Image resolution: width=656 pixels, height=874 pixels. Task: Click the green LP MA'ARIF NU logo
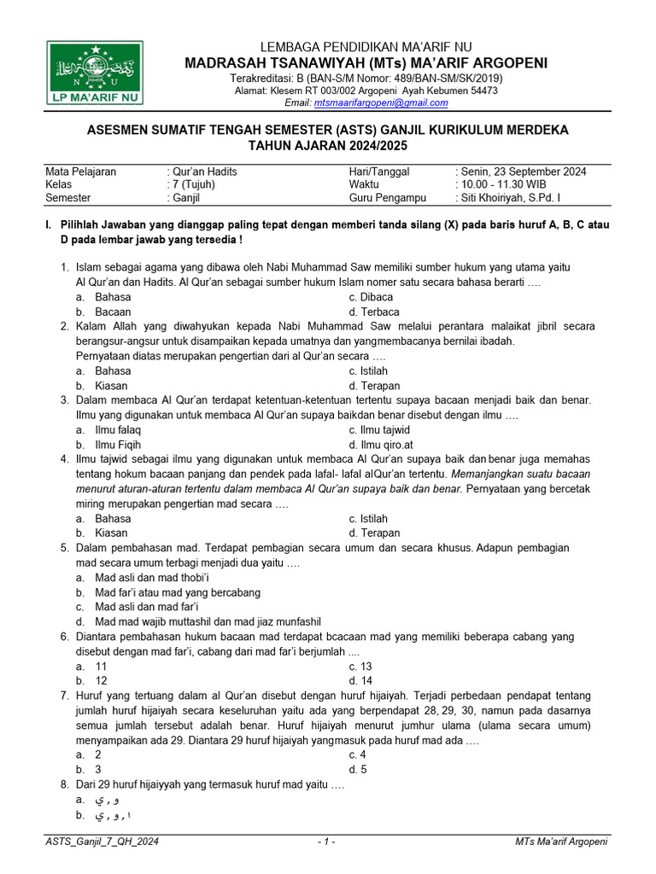point(96,73)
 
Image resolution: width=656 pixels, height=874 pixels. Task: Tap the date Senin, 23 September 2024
point(523,172)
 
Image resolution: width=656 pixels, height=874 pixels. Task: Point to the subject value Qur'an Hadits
point(203,172)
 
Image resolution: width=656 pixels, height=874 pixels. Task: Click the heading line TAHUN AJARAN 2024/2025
point(328,145)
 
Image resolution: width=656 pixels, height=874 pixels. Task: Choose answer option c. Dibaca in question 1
point(371,297)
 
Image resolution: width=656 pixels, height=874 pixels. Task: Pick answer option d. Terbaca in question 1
point(373,312)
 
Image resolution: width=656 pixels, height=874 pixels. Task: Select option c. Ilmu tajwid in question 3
point(379,429)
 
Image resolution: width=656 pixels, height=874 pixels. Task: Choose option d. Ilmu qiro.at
point(380,445)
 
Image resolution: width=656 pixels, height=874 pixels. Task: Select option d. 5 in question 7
point(357,769)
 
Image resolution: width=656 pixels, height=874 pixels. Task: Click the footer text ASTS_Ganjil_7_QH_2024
point(102,842)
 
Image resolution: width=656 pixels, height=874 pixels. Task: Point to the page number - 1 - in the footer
point(325,842)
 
